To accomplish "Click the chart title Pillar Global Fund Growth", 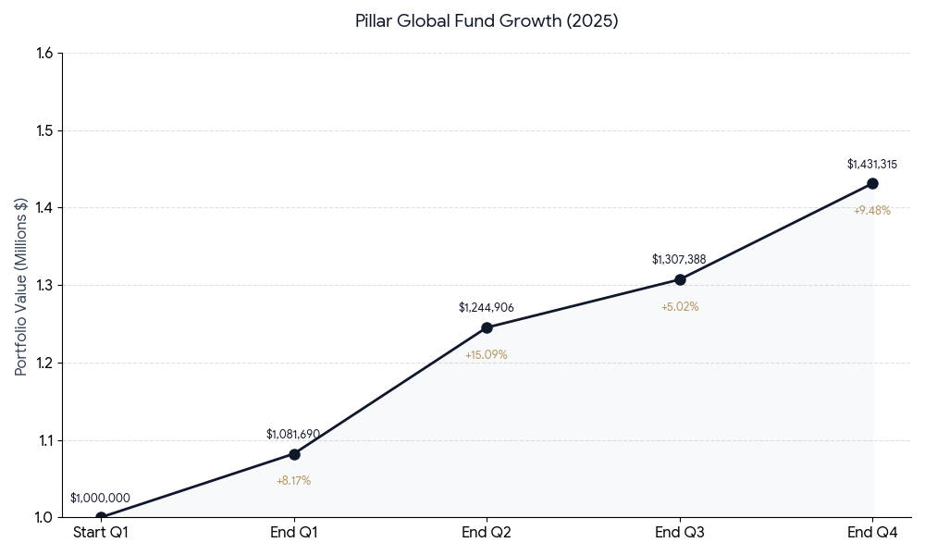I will pyautogui.click(x=487, y=21).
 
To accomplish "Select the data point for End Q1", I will pyautogui.click(x=294, y=454).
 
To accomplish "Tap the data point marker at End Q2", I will pyautogui.click(x=487, y=327).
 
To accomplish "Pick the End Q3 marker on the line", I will pyautogui.click(x=680, y=279).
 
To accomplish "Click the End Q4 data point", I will pyautogui.click(x=872, y=183).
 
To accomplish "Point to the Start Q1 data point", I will pyautogui.click(x=101, y=517).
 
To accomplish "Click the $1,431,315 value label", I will pyautogui.click(x=872, y=165).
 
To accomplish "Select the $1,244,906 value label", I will pyautogui.click(x=487, y=308).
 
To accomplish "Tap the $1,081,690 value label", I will pyautogui.click(x=293, y=435).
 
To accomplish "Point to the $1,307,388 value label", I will pyautogui.click(x=679, y=260).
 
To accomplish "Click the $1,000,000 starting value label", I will pyautogui.click(x=100, y=499).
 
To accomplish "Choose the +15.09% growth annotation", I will pyautogui.click(x=487, y=355).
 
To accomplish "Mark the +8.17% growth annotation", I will pyautogui.click(x=293, y=481).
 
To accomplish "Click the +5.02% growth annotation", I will pyautogui.click(x=680, y=307).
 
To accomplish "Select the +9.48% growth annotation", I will pyautogui.click(x=872, y=211).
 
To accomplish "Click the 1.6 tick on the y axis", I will pyautogui.click(x=44, y=54).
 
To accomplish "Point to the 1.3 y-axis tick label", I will pyautogui.click(x=44, y=286).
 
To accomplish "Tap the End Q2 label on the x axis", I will pyautogui.click(x=487, y=533).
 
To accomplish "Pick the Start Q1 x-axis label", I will pyautogui.click(x=101, y=533).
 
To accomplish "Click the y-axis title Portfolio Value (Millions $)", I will pyautogui.click(x=21, y=286).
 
